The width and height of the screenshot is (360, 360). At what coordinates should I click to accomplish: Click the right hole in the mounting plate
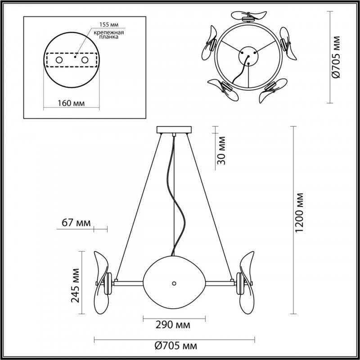[84, 60]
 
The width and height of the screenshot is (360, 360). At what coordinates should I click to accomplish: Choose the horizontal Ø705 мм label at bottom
[175, 346]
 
